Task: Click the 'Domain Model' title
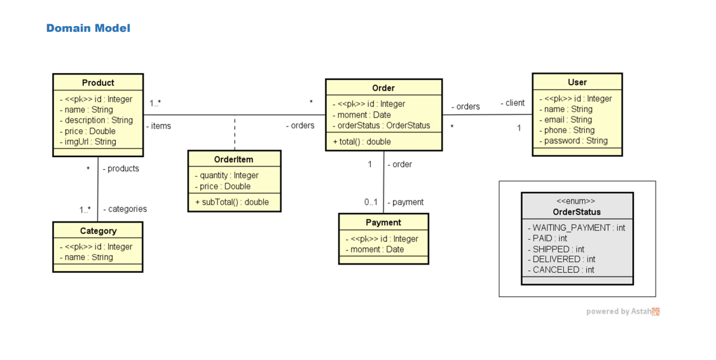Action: point(88,28)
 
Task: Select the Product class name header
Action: point(98,83)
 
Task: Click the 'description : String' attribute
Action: point(98,120)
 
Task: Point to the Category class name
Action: point(98,231)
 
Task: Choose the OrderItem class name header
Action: point(234,160)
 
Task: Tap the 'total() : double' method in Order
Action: point(363,142)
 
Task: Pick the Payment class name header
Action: point(383,223)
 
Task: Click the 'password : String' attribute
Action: point(575,141)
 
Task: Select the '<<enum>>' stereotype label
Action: point(576,201)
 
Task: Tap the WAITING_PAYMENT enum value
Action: point(577,228)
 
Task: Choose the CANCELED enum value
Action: point(562,270)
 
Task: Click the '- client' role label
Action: point(513,103)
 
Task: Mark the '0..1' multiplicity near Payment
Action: point(371,202)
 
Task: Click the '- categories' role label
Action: point(125,209)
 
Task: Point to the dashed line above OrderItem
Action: point(235,133)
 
